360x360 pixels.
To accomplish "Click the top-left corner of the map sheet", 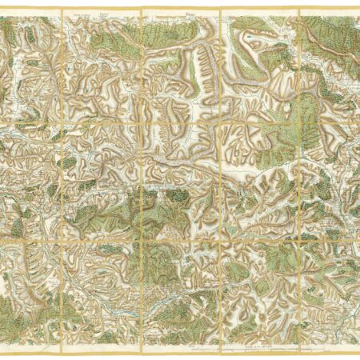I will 2,9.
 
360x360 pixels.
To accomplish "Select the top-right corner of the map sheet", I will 358,9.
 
